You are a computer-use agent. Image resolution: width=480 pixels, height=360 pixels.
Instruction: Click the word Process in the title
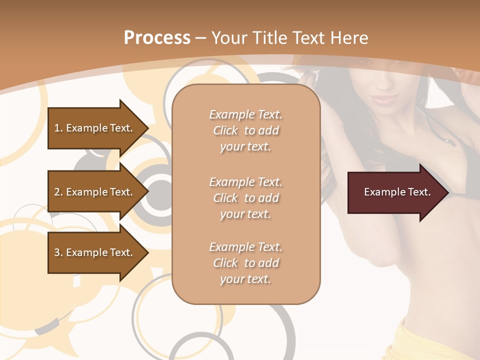click(x=157, y=38)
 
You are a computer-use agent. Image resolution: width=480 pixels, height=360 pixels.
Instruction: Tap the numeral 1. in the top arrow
click(x=58, y=128)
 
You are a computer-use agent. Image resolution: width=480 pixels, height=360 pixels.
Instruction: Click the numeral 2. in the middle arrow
click(x=58, y=192)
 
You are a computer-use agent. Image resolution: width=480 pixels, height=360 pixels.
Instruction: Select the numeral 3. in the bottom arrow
click(x=58, y=252)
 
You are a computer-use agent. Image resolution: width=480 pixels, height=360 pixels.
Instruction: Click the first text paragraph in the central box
click(x=245, y=130)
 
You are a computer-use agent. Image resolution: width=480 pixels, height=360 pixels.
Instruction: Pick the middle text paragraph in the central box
click(x=245, y=197)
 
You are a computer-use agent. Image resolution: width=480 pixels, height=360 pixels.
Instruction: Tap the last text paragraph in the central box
click(x=245, y=263)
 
